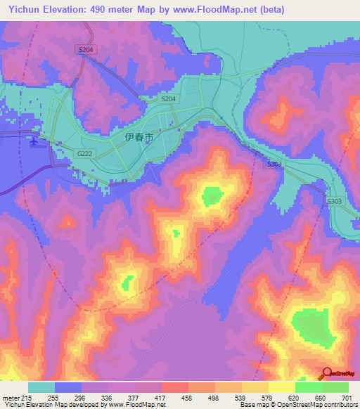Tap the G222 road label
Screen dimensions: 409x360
point(84,153)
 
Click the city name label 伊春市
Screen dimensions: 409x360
point(139,138)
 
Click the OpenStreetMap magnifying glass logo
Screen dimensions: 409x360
point(326,374)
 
